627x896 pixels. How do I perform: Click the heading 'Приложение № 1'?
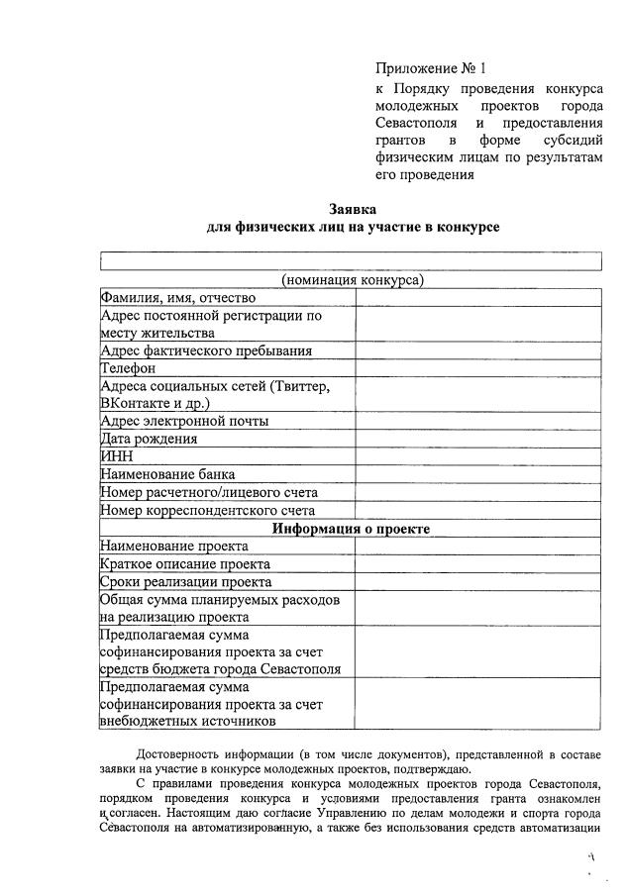pos(431,68)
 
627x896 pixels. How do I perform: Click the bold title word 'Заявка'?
pos(353,208)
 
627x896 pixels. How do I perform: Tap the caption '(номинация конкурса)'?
pos(353,280)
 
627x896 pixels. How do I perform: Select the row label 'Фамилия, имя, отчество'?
pos(178,297)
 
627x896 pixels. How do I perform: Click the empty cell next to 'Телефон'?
pos(477,368)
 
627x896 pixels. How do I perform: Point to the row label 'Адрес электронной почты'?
pos(184,421)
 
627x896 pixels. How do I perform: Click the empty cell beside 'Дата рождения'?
pos(477,439)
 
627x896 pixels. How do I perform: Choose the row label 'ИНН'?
pos(117,456)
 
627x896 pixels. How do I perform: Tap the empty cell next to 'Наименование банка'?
pos(477,474)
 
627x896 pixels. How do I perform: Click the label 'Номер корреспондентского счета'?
pos(208,510)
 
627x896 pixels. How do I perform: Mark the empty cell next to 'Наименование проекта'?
pos(477,546)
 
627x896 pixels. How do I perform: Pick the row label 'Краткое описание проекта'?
pos(185,564)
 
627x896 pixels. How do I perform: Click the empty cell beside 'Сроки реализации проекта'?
pos(477,582)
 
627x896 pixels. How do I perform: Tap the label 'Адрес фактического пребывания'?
pos(206,350)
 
